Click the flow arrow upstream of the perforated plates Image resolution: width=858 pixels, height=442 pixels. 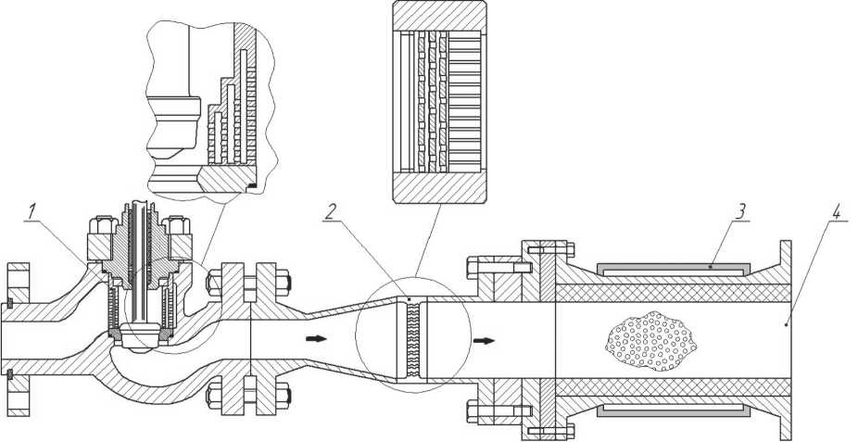tap(316, 339)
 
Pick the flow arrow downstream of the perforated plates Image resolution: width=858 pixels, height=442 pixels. tap(482, 339)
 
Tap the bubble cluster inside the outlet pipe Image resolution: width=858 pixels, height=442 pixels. tap(649, 340)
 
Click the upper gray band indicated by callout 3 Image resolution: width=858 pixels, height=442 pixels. tap(673, 270)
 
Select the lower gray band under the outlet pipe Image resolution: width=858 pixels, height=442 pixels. tap(673, 408)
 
